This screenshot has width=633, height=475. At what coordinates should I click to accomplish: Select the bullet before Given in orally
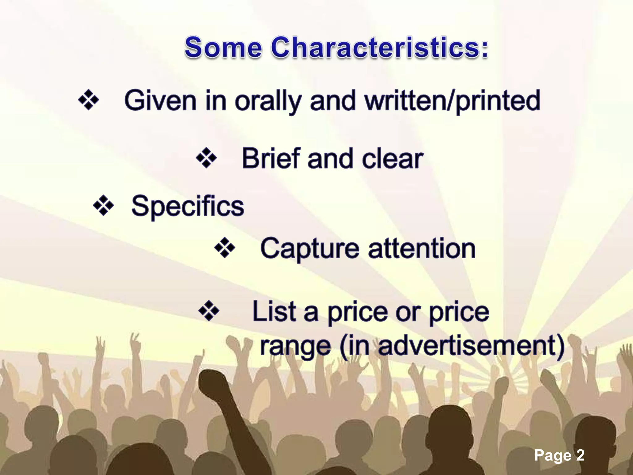[x=88, y=100]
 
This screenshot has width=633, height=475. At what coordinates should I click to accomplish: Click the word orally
[x=268, y=101]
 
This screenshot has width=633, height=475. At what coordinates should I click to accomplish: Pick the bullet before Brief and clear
[x=206, y=158]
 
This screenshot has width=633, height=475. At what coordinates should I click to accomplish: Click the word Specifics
[x=188, y=207]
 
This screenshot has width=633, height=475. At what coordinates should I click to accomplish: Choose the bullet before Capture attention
[x=225, y=248]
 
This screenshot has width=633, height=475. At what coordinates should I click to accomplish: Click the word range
[x=295, y=346]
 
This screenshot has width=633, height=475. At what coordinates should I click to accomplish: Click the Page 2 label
[x=559, y=455]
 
